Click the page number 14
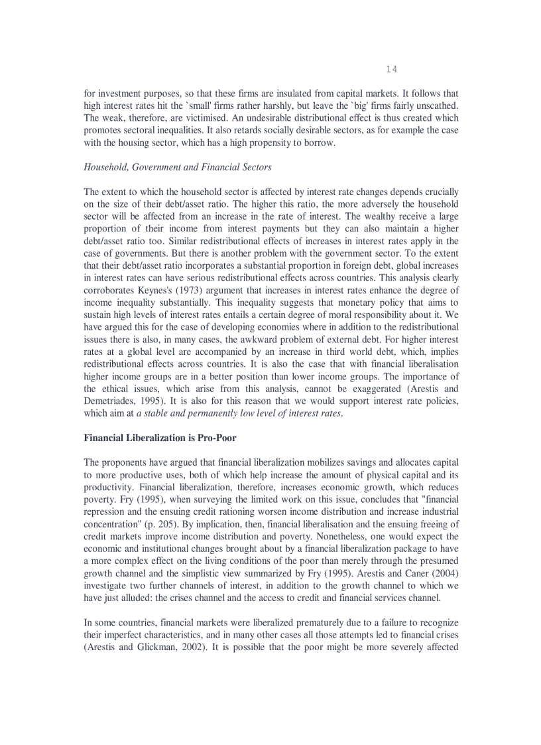(391, 69)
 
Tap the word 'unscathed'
(438, 106)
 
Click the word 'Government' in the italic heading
(156, 167)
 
